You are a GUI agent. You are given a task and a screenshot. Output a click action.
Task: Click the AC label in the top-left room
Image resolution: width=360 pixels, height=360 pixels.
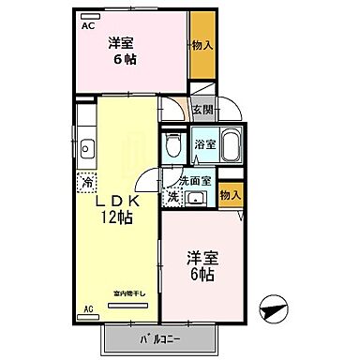(x=87, y=26)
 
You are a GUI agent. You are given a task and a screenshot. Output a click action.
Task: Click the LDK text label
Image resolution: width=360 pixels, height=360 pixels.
(x=115, y=202)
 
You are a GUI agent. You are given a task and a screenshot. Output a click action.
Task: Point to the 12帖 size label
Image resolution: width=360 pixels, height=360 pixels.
(x=115, y=220)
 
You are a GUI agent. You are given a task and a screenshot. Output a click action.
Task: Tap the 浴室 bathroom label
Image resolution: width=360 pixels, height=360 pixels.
(x=205, y=146)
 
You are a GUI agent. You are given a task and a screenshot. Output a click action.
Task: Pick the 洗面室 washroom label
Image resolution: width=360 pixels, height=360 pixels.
(x=194, y=179)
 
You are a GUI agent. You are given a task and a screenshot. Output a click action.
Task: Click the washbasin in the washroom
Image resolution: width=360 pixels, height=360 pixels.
(x=196, y=197)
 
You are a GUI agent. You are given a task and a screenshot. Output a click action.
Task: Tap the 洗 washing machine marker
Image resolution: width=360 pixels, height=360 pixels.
(x=172, y=196)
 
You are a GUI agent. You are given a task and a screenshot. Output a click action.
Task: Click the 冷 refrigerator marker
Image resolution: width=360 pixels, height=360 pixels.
(x=87, y=184)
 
